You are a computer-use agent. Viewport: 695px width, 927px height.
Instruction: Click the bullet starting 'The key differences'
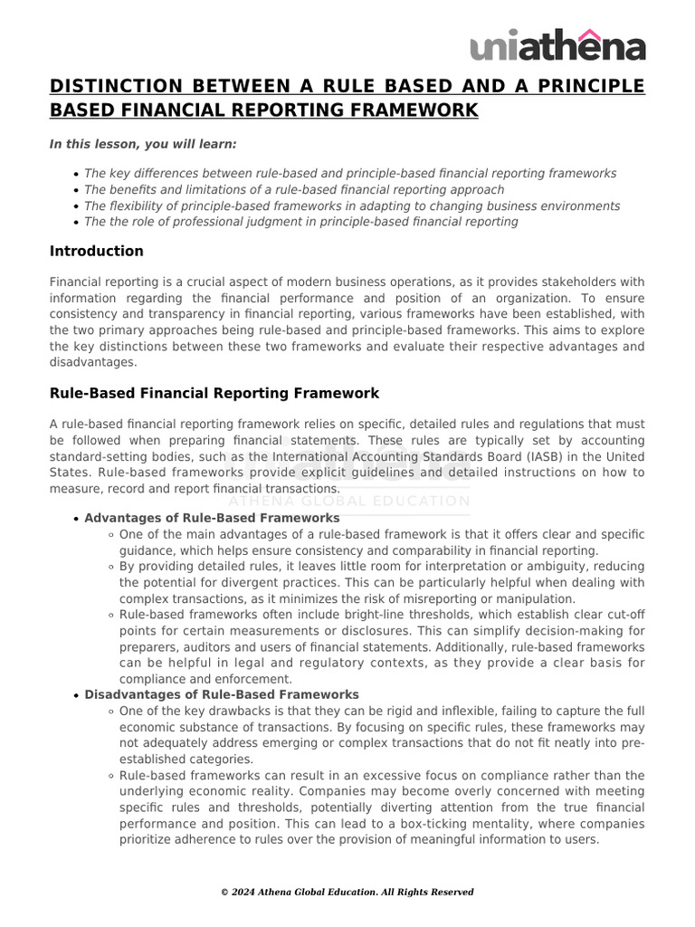[349, 173]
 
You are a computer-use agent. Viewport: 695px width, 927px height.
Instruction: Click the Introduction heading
[96, 251]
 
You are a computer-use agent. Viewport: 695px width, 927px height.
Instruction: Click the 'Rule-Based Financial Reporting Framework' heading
[214, 393]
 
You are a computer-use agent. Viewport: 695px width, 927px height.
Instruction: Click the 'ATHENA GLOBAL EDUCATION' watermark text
[349, 501]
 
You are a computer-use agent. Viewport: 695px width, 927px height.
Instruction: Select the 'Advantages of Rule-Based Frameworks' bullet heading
[212, 518]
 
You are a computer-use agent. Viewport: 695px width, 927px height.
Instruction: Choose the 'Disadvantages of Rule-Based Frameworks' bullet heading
[221, 694]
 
